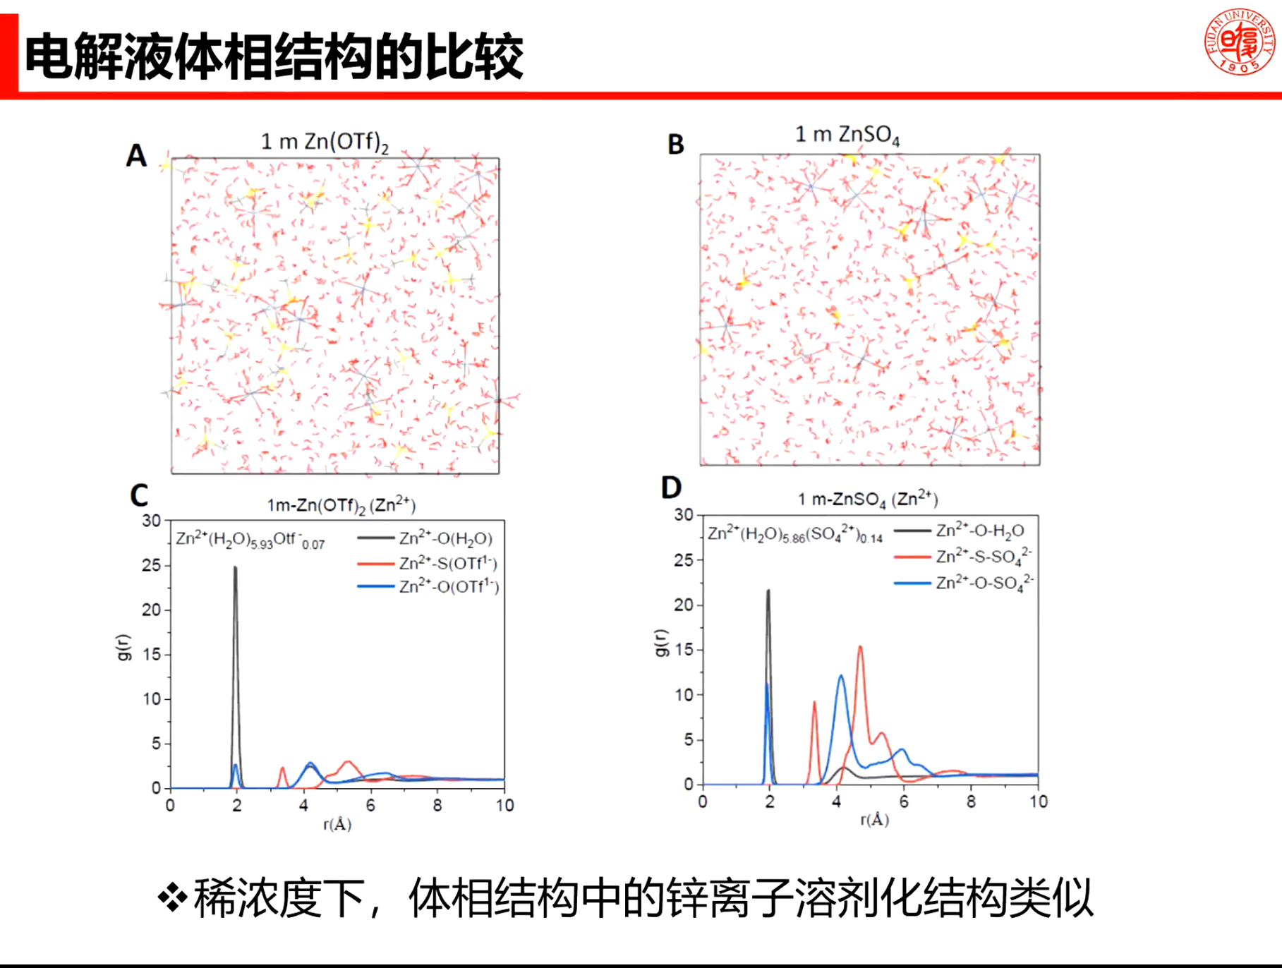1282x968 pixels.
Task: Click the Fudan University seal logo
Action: (x=1240, y=42)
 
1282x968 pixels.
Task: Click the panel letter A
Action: (x=136, y=155)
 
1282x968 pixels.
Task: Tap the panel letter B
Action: (x=676, y=145)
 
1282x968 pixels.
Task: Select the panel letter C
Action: (x=139, y=495)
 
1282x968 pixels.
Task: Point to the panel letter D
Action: (x=671, y=488)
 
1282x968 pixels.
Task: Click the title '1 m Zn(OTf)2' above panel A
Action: (x=325, y=143)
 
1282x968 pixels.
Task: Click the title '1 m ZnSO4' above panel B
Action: (x=847, y=135)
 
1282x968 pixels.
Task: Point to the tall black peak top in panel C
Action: (x=236, y=568)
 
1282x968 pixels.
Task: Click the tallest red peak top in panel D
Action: (x=860, y=647)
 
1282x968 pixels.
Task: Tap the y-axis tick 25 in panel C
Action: (x=152, y=565)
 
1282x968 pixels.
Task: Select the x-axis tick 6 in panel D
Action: (x=904, y=801)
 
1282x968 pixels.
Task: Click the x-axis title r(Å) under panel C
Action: (x=337, y=824)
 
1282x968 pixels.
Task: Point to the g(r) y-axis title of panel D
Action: (x=660, y=642)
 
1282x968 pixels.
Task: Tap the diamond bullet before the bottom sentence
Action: (x=172, y=898)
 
